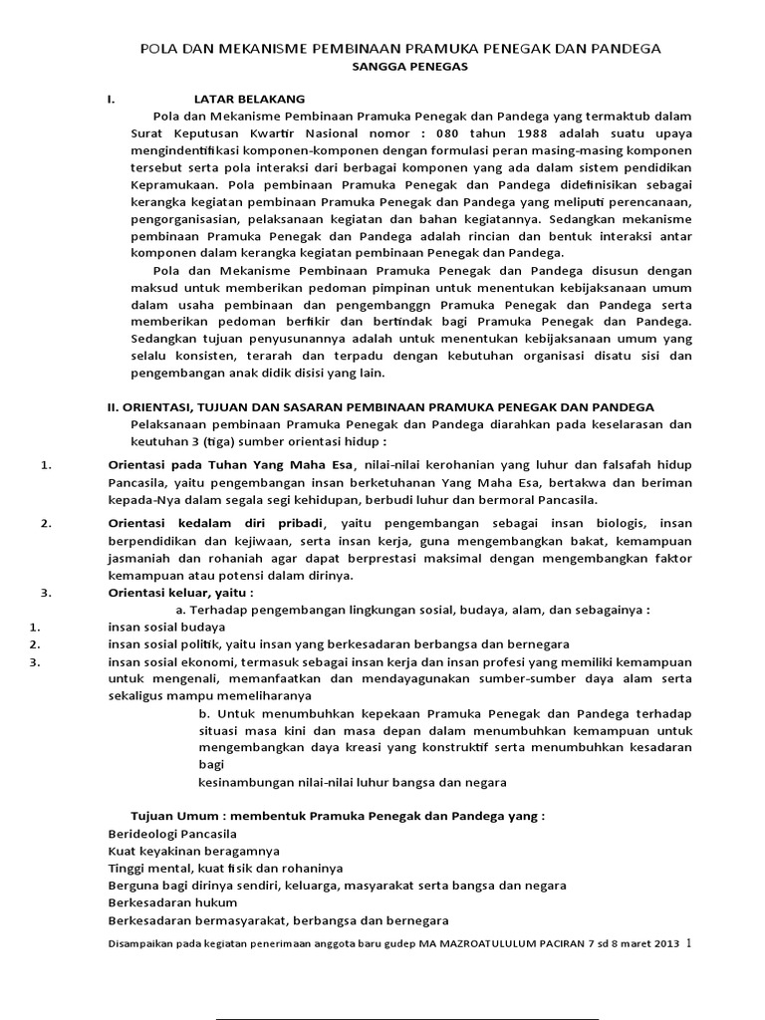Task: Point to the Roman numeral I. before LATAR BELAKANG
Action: (x=112, y=100)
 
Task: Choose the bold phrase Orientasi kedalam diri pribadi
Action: (x=216, y=523)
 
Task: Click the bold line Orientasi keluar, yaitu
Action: (x=180, y=593)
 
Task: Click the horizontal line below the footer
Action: (x=408, y=1017)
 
